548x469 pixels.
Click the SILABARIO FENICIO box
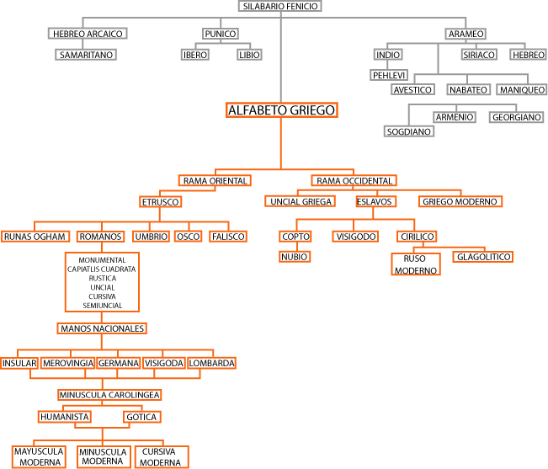tap(280, 6)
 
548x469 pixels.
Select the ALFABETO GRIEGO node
tap(282, 110)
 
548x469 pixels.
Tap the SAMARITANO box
tap(85, 55)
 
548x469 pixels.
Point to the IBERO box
tap(194, 55)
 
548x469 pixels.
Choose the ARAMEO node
tap(466, 34)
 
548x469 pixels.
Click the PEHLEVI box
tap(389, 75)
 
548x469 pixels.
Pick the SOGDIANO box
tap(408, 131)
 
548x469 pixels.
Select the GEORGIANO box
tap(516, 117)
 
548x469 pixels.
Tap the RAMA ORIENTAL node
tap(215, 180)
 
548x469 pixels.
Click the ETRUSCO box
tap(161, 201)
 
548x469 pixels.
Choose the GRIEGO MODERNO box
tap(460, 201)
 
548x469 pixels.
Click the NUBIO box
tap(295, 256)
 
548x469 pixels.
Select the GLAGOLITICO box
tap(482, 256)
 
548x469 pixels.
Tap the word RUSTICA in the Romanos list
tap(102, 278)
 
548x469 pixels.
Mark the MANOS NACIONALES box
tap(103, 328)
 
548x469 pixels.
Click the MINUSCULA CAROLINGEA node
tap(109, 394)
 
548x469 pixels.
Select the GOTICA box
tap(141, 416)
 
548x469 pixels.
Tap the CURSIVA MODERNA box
tap(160, 457)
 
